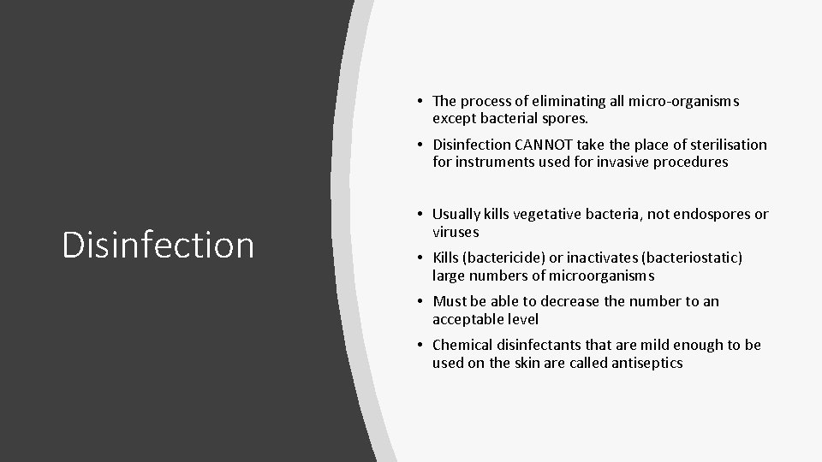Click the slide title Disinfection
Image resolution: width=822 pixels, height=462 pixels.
pos(158,245)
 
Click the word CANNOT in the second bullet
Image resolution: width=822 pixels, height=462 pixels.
pos(540,145)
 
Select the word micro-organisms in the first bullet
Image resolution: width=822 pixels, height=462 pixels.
pos(685,101)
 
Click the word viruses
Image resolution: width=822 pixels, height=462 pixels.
pos(456,232)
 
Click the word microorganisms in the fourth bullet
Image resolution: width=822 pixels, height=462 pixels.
pos(605,275)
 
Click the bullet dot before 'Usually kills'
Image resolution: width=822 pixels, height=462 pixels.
pos(422,214)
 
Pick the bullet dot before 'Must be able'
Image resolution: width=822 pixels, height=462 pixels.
pos(422,301)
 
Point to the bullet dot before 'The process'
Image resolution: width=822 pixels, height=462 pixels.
pos(422,101)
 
